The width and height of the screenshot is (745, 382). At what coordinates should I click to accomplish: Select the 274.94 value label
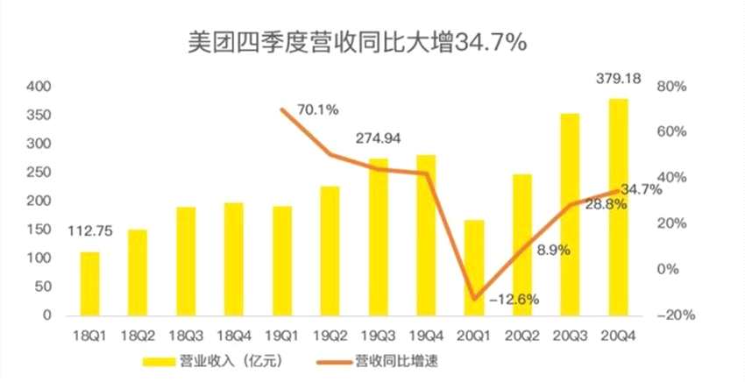tap(379, 138)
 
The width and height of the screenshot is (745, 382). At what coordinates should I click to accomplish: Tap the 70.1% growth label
tap(318, 110)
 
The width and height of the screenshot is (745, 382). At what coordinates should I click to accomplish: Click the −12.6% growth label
tap(514, 300)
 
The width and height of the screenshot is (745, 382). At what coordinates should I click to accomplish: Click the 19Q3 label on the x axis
tap(378, 335)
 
